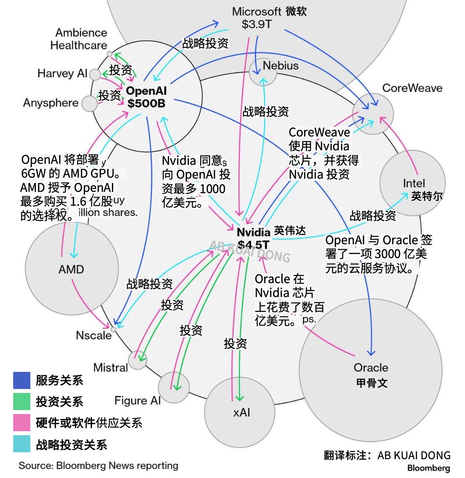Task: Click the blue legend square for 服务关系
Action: pyautogui.click(x=22, y=380)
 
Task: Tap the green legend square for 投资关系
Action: pyautogui.click(x=22, y=401)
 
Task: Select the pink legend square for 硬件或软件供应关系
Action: pyautogui.click(x=22, y=422)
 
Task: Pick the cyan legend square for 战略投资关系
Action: pyautogui.click(x=22, y=444)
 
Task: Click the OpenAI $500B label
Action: pyautogui.click(x=146, y=97)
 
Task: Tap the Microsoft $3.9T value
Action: pyautogui.click(x=256, y=24)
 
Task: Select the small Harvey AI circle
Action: pyautogui.click(x=95, y=75)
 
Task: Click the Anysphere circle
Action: pyautogui.click(x=89, y=103)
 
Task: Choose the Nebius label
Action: pyautogui.click(x=280, y=66)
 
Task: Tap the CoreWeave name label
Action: pyautogui.click(x=412, y=88)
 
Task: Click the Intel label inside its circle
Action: pyautogui.click(x=414, y=183)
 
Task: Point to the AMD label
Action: pyautogui.click(x=71, y=269)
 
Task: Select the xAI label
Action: pyautogui.click(x=241, y=412)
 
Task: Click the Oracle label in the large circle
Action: pyautogui.click(x=371, y=368)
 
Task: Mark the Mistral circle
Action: pyautogui.click(x=138, y=360)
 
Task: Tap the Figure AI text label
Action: pyautogui.click(x=137, y=401)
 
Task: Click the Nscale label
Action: pyautogui.click(x=94, y=335)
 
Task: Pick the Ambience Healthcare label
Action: pyautogui.click(x=79, y=39)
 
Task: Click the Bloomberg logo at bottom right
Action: pyautogui.click(x=428, y=468)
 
